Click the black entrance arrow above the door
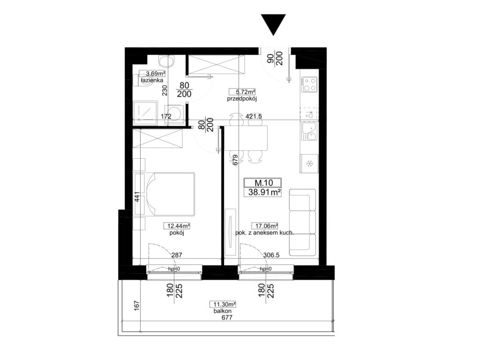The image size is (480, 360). [x=273, y=24]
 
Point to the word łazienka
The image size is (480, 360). [x=152, y=80]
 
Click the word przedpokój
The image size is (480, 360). [x=242, y=99]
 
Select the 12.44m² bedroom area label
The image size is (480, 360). [x=178, y=226]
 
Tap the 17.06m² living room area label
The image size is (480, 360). [x=264, y=226]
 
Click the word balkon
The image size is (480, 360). [x=223, y=311]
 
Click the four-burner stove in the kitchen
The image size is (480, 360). [x=309, y=85]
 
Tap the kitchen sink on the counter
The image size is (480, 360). [x=310, y=131]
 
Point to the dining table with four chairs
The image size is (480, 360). [x=246, y=138]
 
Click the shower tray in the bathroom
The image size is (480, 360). [x=146, y=113]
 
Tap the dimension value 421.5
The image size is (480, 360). [x=254, y=116]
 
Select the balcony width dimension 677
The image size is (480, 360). [x=226, y=317]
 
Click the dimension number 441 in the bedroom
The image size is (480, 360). [x=137, y=197]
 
